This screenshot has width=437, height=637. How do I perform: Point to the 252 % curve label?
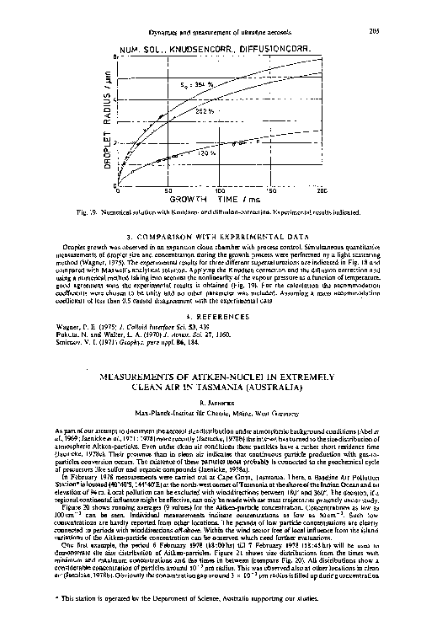pos(205,110)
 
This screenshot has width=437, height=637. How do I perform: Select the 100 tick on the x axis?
pos(221,190)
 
